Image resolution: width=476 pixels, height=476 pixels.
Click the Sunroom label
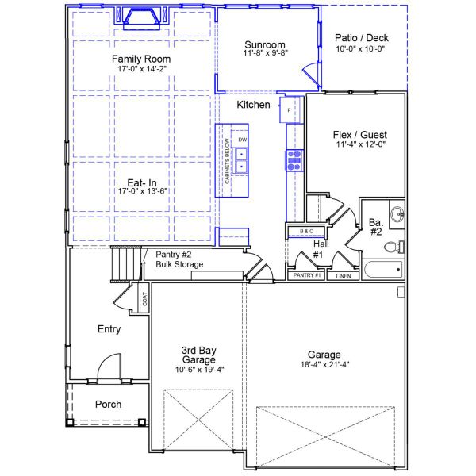265,44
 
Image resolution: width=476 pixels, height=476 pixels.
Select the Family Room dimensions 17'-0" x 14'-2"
141,70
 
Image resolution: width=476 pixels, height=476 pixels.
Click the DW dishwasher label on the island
243,140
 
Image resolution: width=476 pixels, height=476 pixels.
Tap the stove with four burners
294,160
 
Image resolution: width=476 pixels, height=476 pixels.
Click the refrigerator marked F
289,109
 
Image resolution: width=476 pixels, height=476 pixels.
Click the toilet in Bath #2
393,247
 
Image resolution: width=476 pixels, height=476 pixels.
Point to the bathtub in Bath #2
382,270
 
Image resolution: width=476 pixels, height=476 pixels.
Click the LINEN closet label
343,277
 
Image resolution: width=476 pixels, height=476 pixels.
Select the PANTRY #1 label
306,275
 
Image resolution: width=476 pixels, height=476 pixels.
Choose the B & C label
306,232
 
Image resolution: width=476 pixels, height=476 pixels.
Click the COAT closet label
144,299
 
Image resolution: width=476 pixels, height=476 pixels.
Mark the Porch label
108,405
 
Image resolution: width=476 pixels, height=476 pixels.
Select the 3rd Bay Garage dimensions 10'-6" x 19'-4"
197,370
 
